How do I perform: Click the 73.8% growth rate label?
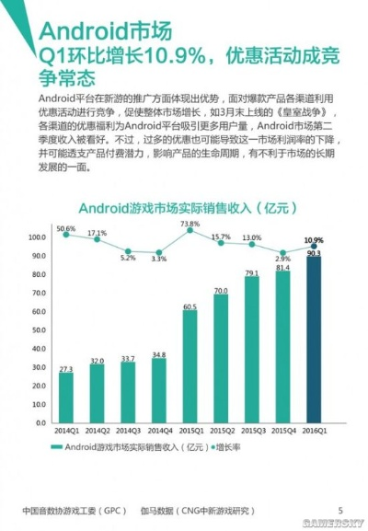click(190, 224)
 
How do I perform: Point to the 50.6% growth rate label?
click(65, 228)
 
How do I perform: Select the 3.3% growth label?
click(158, 259)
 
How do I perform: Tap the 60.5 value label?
click(190, 306)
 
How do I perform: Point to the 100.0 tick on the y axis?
click(38, 237)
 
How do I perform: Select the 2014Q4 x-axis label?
click(158, 430)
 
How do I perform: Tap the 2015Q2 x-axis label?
click(221, 430)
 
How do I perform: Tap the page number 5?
click(339, 509)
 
